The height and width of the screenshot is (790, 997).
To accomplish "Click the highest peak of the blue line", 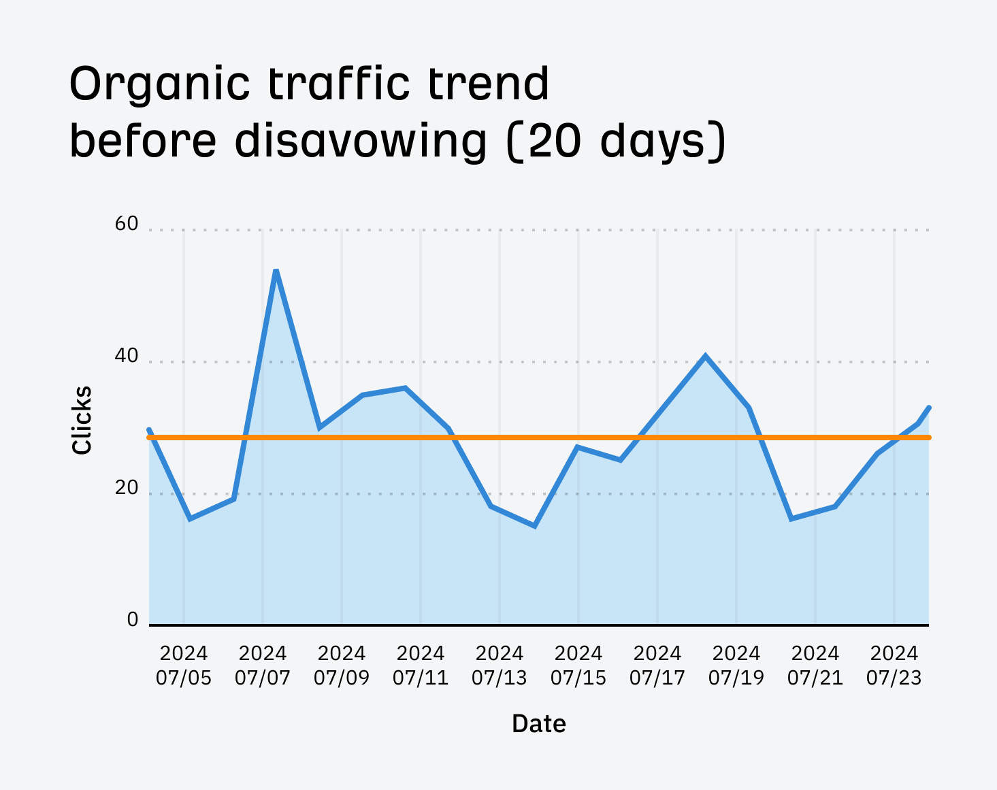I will tap(276, 271).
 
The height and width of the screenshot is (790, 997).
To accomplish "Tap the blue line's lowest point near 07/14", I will tap(534, 525).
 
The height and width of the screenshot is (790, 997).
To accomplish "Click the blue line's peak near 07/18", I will tap(706, 356).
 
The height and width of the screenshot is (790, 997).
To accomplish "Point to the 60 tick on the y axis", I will tap(127, 224).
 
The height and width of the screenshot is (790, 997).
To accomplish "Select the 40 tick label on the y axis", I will tap(127, 356).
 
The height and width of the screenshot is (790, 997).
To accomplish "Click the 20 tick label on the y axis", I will tap(127, 488).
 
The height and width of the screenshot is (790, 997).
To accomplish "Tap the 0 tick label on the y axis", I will tap(133, 620).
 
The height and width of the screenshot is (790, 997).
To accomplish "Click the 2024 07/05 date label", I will tap(184, 665).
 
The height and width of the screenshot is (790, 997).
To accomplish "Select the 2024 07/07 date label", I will tap(263, 665).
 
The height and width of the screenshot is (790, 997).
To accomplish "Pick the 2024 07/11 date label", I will tap(421, 665).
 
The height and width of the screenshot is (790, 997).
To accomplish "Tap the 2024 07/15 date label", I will tap(578, 665).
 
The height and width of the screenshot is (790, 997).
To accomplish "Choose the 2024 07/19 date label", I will tap(736, 665).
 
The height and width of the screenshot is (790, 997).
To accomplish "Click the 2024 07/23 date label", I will tap(894, 665).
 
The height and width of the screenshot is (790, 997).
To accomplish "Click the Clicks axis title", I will tap(82, 420).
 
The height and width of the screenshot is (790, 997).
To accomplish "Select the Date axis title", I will tap(538, 723).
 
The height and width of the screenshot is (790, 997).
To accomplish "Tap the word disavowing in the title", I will tap(361, 141).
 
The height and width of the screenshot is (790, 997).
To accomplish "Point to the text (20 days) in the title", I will tap(617, 141).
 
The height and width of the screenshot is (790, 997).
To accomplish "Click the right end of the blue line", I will tap(928, 408).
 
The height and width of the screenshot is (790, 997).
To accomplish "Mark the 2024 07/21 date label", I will tap(815, 665).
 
